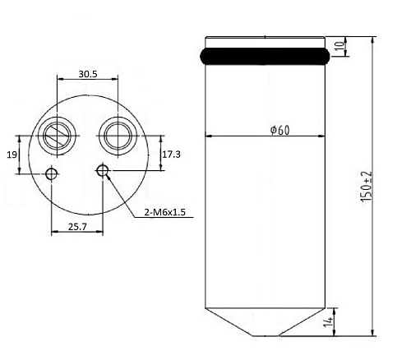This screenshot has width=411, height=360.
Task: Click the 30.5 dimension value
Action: point(88,74)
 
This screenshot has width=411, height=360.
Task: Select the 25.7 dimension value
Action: point(77,227)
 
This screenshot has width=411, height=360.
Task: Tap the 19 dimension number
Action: point(12,155)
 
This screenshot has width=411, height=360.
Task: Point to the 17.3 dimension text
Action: point(172,155)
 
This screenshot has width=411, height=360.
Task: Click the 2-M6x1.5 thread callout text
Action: point(165,212)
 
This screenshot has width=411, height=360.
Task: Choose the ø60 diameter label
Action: point(279,130)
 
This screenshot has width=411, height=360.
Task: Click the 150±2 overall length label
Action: point(367,187)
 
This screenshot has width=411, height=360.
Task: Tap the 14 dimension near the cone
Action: point(328,322)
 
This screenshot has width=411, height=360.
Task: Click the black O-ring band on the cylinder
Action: point(265,56)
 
